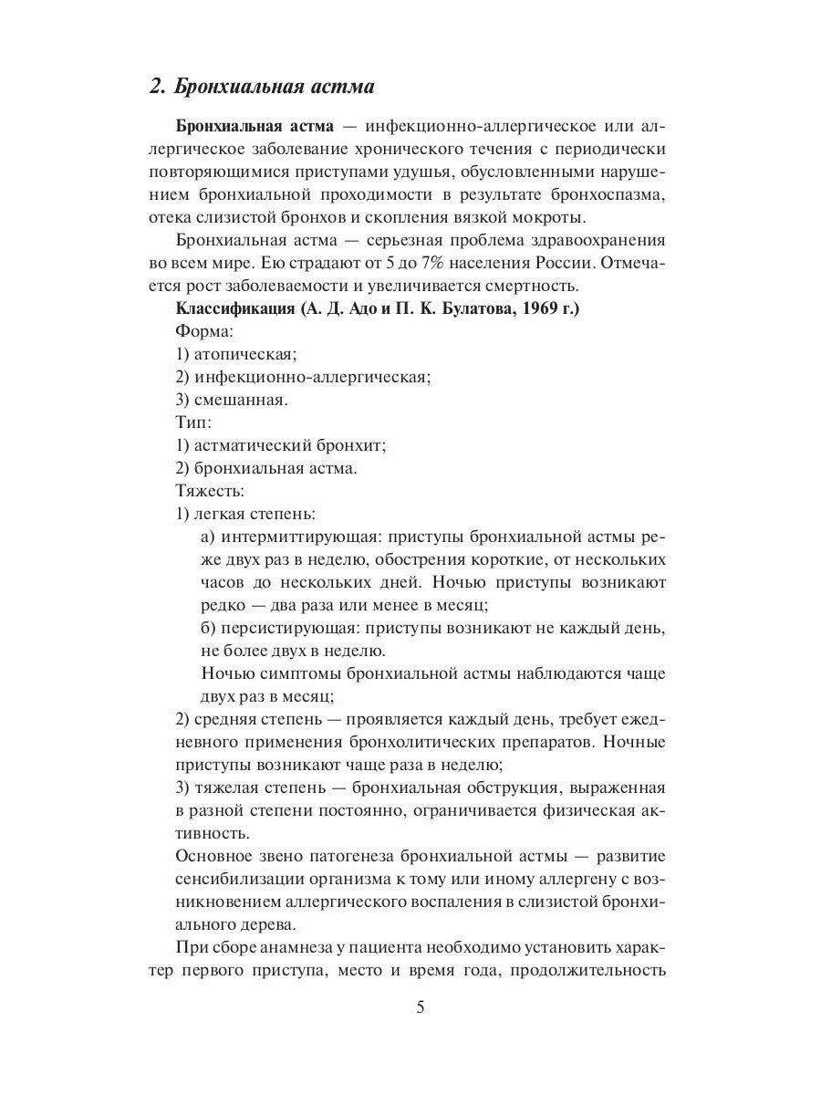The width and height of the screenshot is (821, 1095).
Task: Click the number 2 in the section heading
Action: coord(155,88)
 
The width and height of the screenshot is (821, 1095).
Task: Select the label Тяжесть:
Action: coord(205,491)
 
